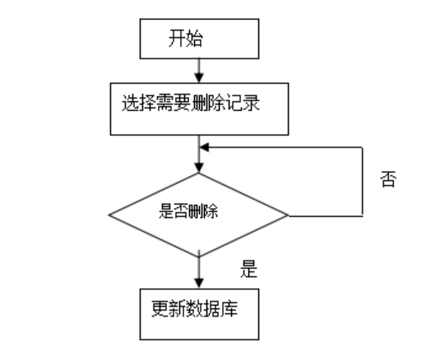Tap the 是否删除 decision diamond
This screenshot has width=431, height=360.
coord(198,215)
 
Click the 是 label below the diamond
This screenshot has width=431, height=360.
coord(247,268)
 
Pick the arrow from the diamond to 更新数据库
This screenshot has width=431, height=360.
coord(198,272)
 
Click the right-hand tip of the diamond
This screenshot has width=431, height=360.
coord(288,216)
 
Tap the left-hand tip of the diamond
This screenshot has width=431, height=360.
coord(109,216)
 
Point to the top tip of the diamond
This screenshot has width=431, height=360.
coord(198,174)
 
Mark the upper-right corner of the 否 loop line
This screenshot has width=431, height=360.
coord(363,149)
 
